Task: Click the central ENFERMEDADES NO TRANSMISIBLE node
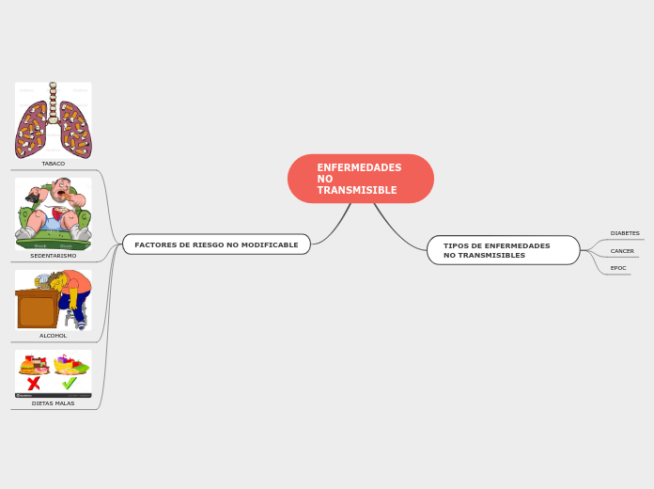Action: coord(361,179)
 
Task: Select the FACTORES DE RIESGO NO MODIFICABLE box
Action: coord(216,244)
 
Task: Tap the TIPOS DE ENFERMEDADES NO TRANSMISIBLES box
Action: coord(503,250)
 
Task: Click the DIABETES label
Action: coord(624,233)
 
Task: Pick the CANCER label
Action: coord(622,251)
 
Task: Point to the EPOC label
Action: coord(618,268)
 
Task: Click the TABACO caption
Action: coord(54,164)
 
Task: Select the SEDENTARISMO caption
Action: coord(54,256)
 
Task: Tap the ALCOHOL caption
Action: coord(54,336)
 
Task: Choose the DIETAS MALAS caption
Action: coord(54,403)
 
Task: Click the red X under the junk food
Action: coord(34,384)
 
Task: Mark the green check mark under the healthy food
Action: coord(70,384)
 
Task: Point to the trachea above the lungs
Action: coord(53,100)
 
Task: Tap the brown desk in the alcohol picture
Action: coord(36,309)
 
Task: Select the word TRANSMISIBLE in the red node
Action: coord(357,191)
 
